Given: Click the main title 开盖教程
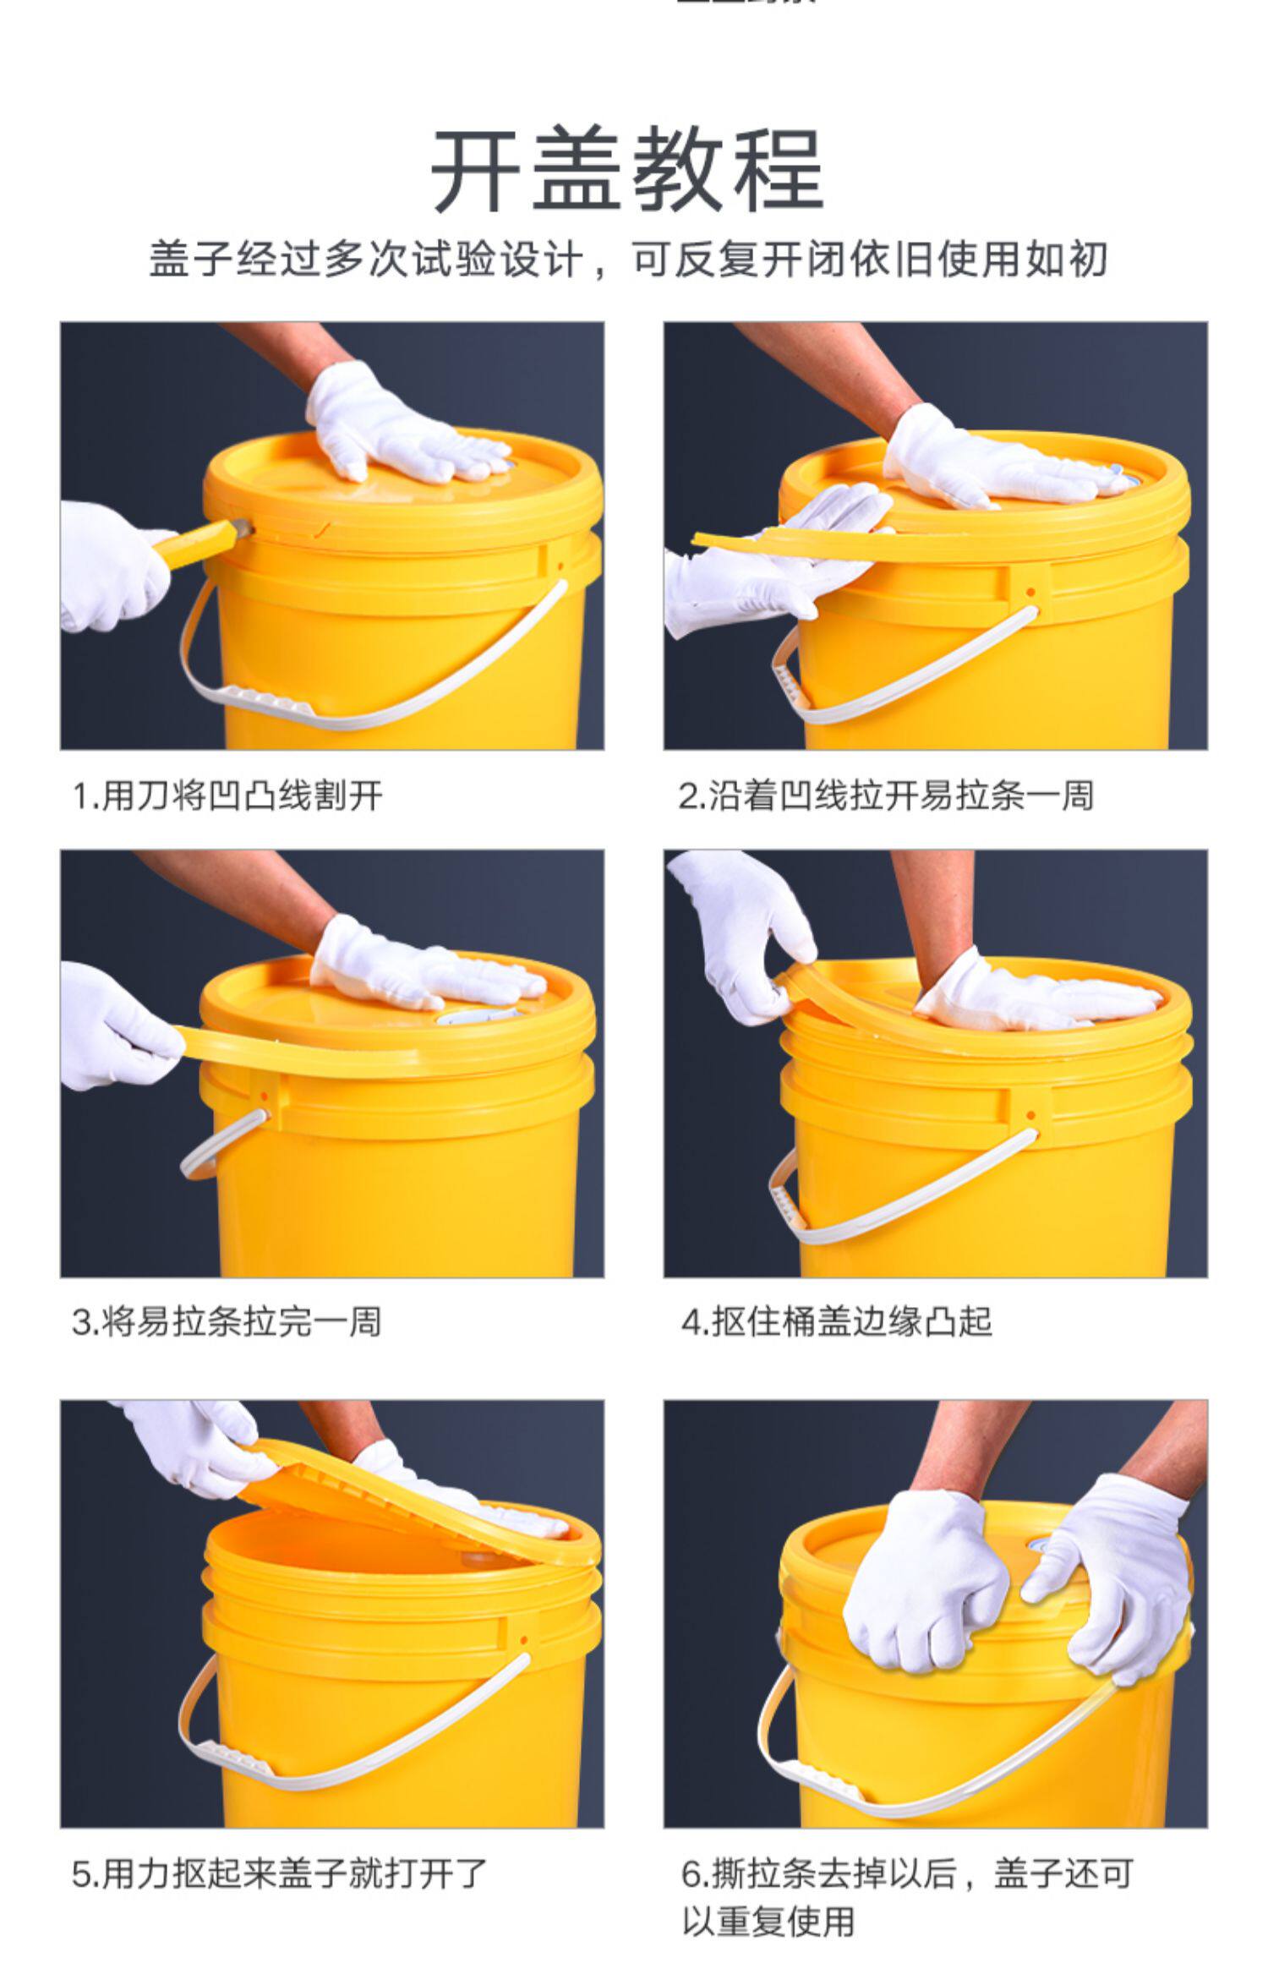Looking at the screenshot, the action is click(627, 170).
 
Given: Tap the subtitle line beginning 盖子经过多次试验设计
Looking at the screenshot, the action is click(628, 259).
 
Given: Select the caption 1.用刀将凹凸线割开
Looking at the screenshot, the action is click(227, 796).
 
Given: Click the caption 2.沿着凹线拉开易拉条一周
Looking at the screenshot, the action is click(886, 796).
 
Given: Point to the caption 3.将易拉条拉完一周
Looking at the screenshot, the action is click(227, 1321).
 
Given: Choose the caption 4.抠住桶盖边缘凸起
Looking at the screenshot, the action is click(836, 1321).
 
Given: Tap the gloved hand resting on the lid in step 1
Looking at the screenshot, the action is click(406, 427).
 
